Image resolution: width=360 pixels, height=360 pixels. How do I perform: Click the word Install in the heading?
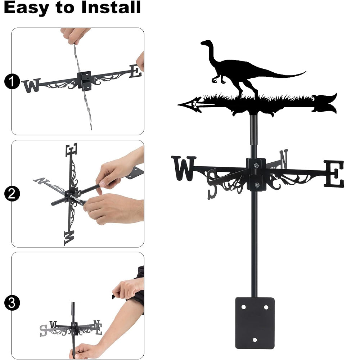(111, 7)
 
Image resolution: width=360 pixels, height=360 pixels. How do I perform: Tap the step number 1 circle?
(12, 81)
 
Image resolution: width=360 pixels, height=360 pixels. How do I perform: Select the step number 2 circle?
(12, 194)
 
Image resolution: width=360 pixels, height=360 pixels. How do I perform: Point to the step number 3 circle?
(12, 303)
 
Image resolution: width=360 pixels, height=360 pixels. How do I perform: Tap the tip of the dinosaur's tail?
(305, 72)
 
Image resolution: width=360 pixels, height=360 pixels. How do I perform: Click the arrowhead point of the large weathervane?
(179, 104)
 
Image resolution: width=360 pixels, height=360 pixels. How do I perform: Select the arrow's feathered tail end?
(325, 103)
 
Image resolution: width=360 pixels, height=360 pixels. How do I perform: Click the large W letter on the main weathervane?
(184, 168)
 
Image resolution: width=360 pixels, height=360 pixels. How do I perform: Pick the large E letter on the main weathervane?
(334, 174)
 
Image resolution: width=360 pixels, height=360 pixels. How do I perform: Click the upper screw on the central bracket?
(256, 165)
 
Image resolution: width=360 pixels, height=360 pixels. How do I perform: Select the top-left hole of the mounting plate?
(244, 307)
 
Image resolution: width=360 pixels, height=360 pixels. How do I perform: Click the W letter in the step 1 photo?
(31, 85)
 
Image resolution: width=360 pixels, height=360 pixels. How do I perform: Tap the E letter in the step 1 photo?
(135, 71)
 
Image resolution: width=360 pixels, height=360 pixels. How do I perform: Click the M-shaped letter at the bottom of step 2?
(69, 238)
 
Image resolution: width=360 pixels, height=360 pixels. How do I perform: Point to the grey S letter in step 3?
(43, 330)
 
